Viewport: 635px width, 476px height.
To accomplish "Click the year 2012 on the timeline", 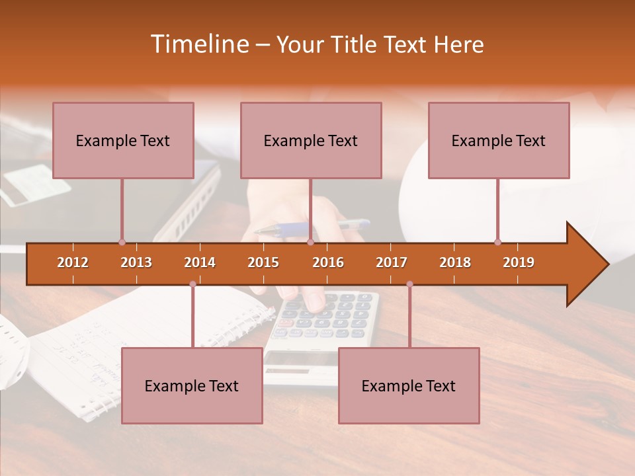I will pos(73,262).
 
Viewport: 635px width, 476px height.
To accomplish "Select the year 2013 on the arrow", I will pos(136,262).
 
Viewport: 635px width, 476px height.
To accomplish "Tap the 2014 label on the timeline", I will pos(200,262).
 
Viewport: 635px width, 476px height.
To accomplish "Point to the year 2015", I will pos(263,262).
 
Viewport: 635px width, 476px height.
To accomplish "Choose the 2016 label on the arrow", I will pos(328,262).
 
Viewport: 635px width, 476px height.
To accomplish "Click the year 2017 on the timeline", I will pos(392,262).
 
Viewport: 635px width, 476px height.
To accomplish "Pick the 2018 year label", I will pos(455,262).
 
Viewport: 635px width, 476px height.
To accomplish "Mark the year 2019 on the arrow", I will pos(519,262).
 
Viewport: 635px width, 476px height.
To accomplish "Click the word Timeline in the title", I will pos(198,44).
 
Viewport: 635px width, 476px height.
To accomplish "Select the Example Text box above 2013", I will pos(123,140).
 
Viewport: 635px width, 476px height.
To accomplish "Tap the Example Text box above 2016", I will pos(311,140).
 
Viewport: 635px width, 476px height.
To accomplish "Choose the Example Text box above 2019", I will pos(499,140).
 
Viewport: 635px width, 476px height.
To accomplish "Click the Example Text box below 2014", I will pos(192,385).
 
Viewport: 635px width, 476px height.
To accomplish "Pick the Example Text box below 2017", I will pos(409,385).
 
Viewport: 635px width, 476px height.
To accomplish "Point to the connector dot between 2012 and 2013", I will pos(122,242).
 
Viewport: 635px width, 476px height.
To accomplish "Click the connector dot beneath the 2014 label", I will pos(192,284).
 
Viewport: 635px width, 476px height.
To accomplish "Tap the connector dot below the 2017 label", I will pos(409,284).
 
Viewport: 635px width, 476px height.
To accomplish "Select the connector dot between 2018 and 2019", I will pos(497,242).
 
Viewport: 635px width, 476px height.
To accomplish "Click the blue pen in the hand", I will pos(291,229).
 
